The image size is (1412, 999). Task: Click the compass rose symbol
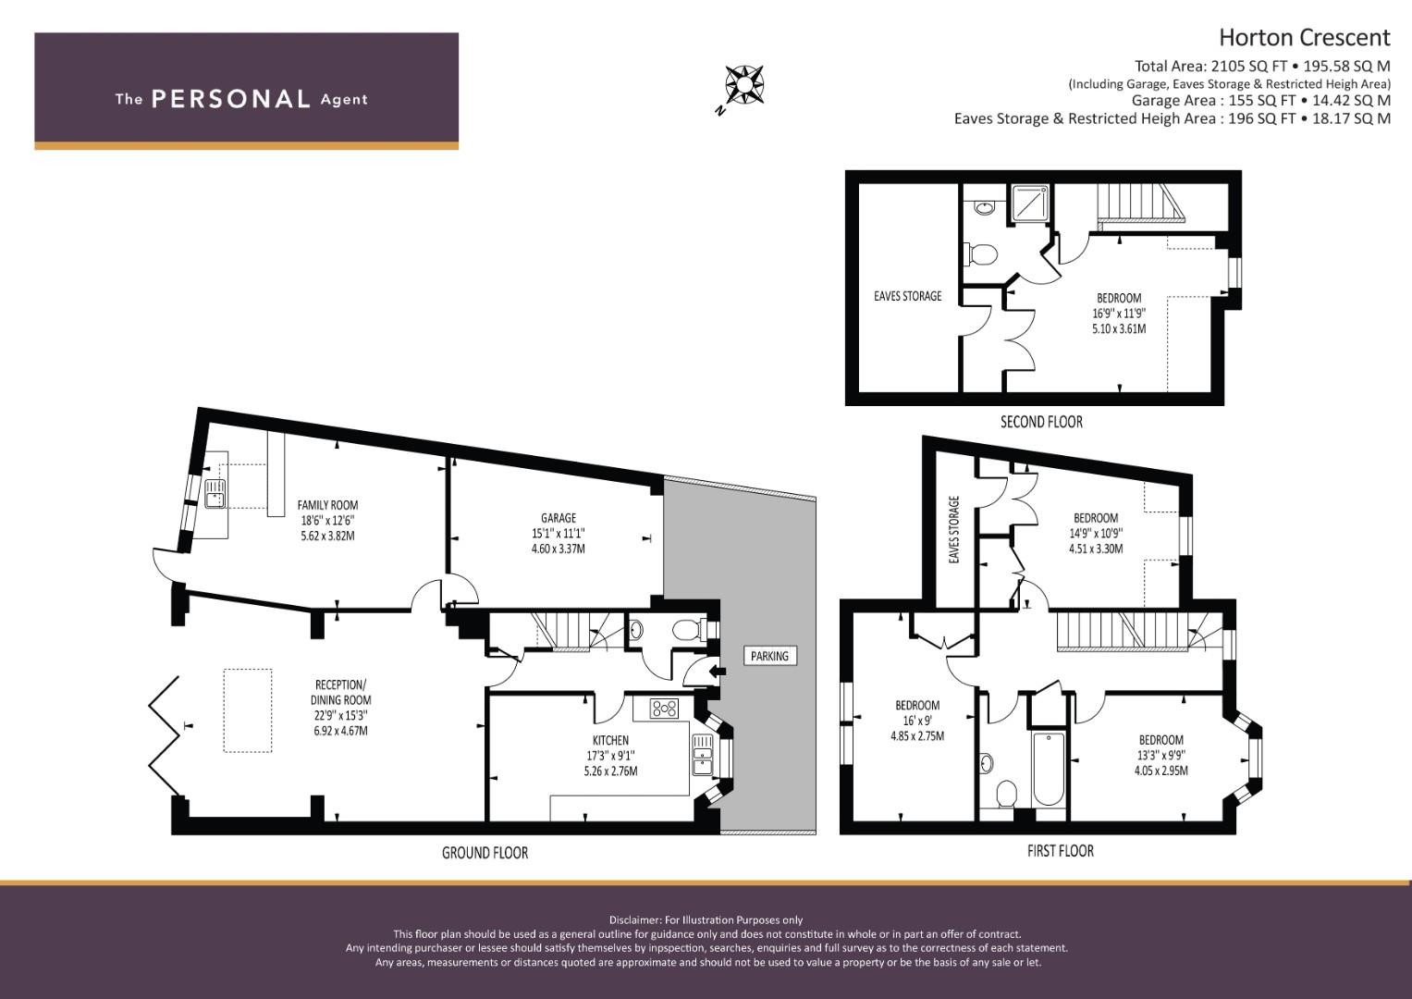pyautogui.click(x=744, y=84)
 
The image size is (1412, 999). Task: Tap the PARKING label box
pyautogui.click(x=769, y=656)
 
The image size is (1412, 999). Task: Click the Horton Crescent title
pyautogui.click(x=1304, y=37)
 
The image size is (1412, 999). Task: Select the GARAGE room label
pyautogui.click(x=559, y=518)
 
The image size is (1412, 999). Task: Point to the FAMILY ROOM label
pyautogui.click(x=327, y=505)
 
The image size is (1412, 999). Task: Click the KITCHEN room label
pyautogui.click(x=610, y=740)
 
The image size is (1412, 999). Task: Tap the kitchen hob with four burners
pyautogui.click(x=664, y=709)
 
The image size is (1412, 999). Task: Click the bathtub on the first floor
pyautogui.click(x=1049, y=768)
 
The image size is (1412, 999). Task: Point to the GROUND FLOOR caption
pyautogui.click(x=485, y=853)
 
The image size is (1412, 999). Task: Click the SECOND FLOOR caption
pyautogui.click(x=1041, y=422)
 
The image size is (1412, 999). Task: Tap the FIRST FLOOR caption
pyautogui.click(x=1060, y=851)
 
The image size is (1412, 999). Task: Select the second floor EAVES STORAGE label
pyautogui.click(x=907, y=296)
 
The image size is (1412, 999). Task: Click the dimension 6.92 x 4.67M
pyautogui.click(x=340, y=731)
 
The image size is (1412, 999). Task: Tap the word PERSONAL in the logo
pyautogui.click(x=230, y=99)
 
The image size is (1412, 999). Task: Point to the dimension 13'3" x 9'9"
pyautogui.click(x=1160, y=755)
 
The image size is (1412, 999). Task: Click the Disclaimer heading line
pyautogui.click(x=706, y=919)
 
